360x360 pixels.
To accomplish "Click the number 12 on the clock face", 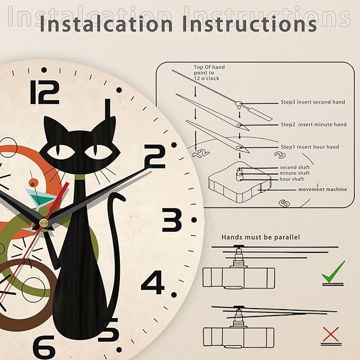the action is click(45, 92).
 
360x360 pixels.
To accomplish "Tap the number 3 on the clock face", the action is click(172, 219).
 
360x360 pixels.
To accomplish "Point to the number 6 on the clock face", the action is click(44, 347).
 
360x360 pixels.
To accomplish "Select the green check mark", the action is click(333, 273).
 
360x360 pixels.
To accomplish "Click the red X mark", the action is click(331, 334).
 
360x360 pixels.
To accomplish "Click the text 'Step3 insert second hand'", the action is click(313, 102).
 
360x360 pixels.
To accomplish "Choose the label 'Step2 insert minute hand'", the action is click(314, 125).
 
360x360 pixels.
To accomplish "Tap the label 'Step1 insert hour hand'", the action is click(310, 147).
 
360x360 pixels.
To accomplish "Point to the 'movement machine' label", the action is click(322, 189).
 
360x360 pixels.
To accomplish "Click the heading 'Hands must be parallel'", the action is click(260, 237).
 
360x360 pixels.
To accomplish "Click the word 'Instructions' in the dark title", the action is click(250, 24).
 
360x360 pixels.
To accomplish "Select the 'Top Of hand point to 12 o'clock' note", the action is click(209, 73).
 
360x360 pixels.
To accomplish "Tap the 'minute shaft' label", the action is click(295, 173).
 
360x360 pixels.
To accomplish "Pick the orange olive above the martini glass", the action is click(32, 183).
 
